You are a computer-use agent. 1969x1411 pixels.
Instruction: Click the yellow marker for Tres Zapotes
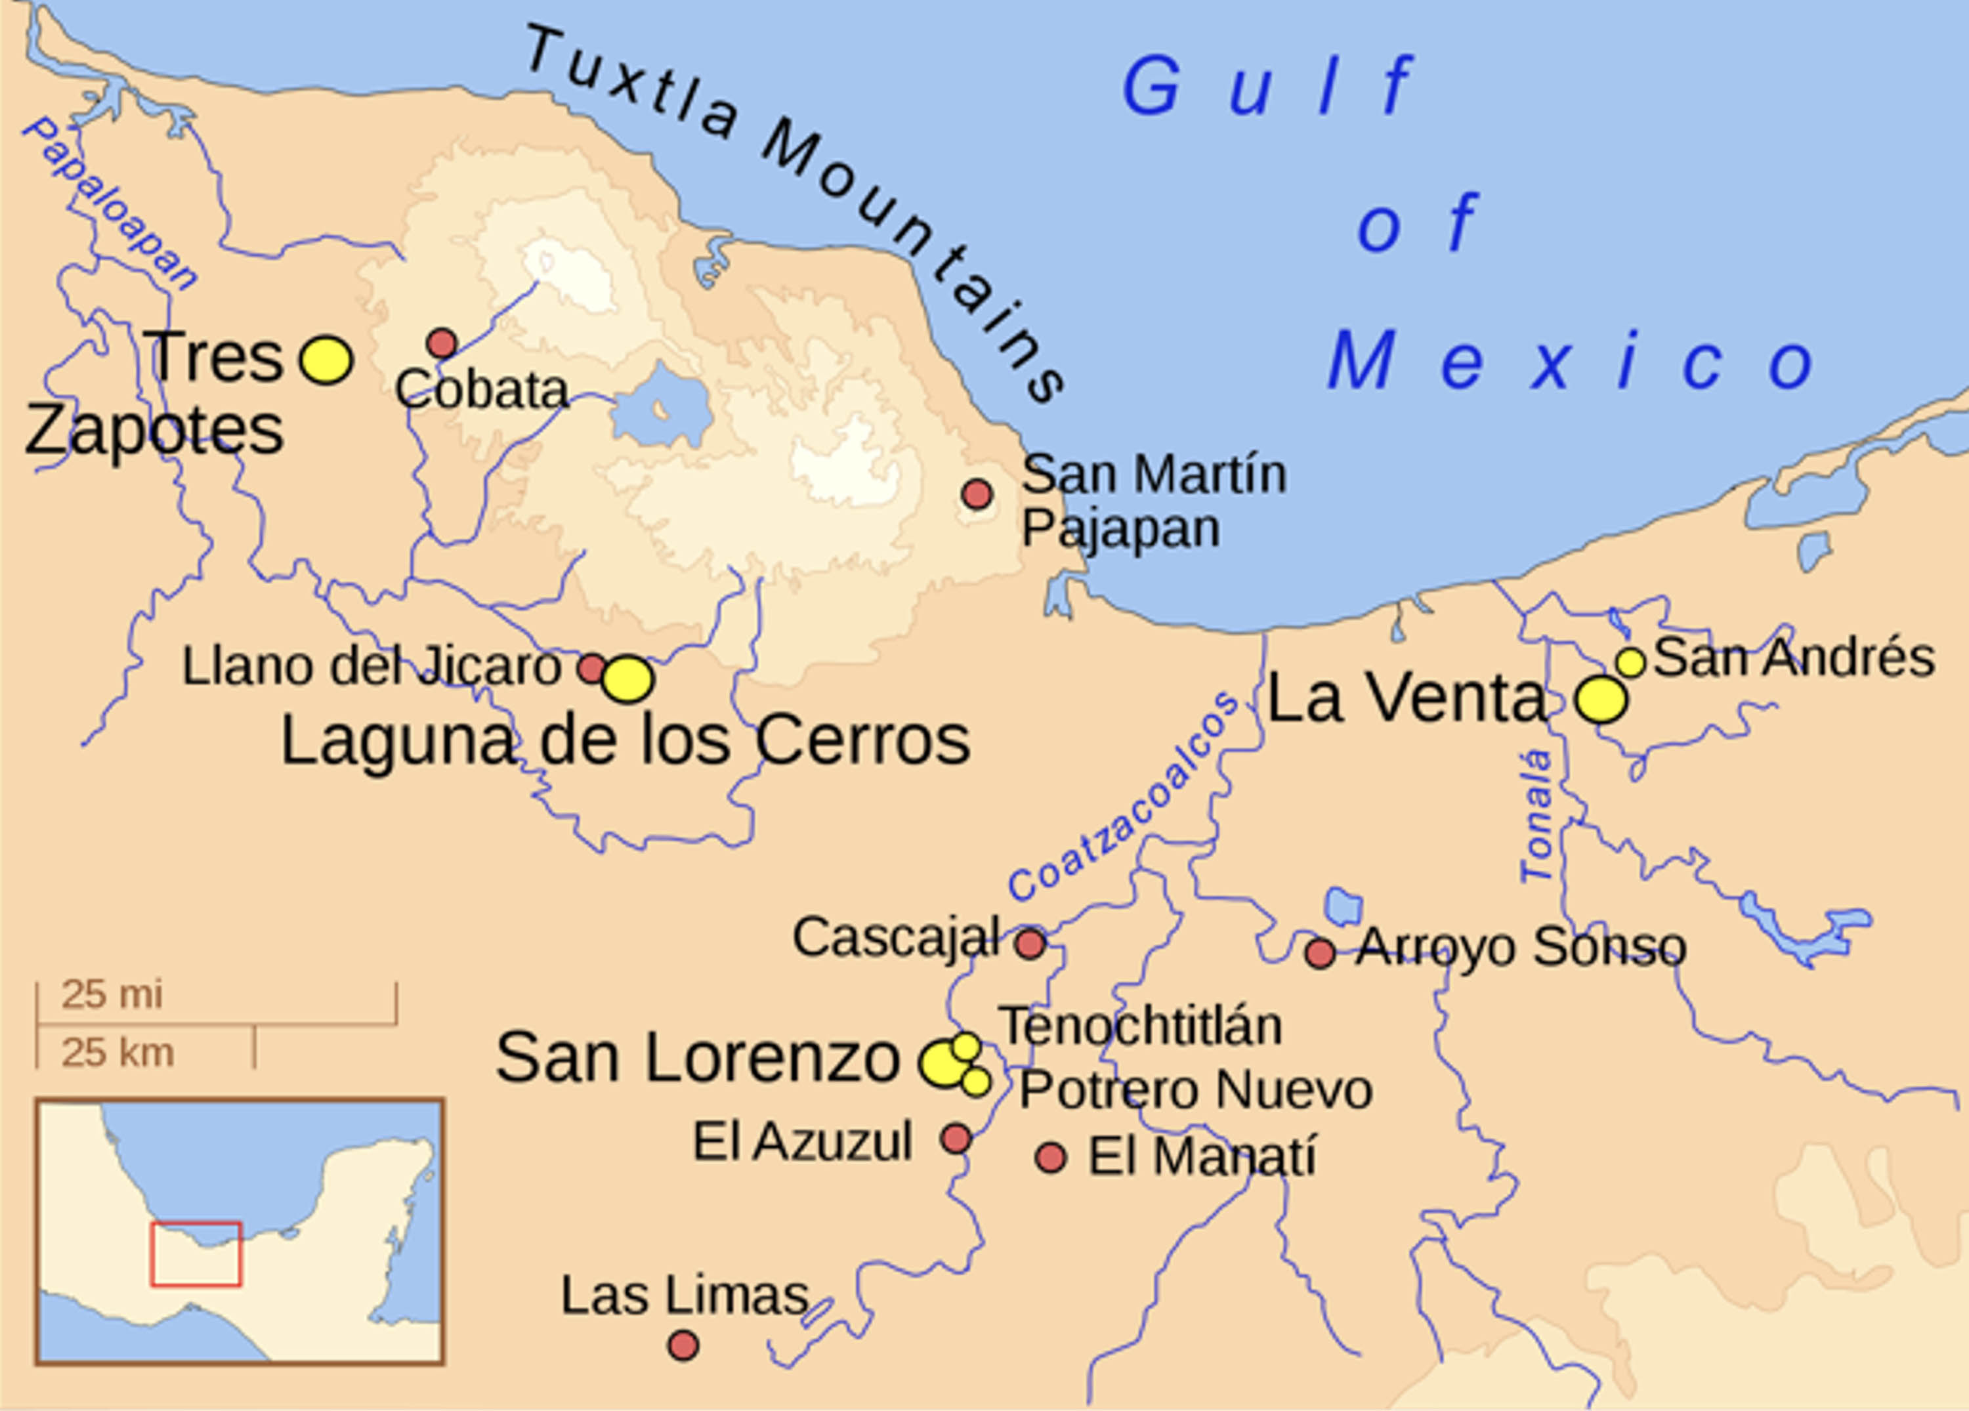[326, 360]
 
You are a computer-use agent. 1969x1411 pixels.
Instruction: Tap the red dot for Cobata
[442, 344]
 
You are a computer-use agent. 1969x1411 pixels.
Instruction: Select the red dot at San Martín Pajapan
[977, 494]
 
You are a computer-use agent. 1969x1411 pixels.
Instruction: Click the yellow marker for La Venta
[1601, 699]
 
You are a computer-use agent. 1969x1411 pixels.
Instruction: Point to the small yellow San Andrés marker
[1630, 663]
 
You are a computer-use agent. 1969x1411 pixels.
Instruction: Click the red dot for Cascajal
[1030, 943]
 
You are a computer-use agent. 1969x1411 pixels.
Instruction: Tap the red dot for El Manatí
[1051, 1158]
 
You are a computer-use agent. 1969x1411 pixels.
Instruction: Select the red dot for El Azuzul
[956, 1139]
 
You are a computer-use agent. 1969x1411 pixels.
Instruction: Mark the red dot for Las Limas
[683, 1346]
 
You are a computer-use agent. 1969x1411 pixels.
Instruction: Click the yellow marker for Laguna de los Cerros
[627, 679]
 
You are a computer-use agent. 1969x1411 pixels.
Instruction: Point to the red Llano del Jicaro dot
[592, 669]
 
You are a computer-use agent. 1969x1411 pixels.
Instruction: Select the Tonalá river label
[1536, 816]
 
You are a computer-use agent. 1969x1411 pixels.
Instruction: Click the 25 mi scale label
[111, 995]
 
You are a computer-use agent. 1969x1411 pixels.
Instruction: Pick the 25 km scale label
[117, 1053]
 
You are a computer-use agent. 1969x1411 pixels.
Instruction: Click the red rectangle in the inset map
[196, 1254]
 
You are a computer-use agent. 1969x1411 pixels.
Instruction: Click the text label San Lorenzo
[697, 1058]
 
